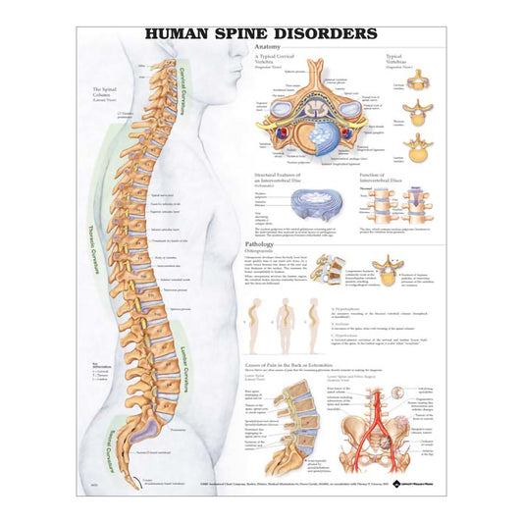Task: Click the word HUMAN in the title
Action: tap(180, 32)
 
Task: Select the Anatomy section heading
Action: tap(268, 47)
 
